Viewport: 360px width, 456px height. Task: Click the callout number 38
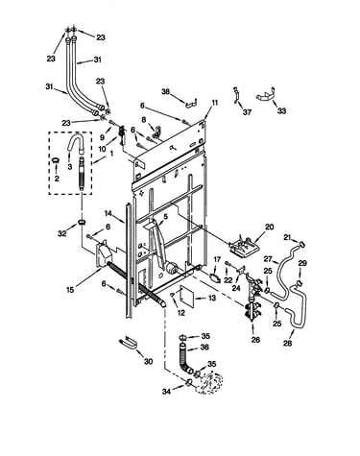point(166,92)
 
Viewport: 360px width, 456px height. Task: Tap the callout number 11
point(214,103)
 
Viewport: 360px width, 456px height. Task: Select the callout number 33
point(281,111)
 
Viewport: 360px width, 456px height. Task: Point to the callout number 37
point(247,112)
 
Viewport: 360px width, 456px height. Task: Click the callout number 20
point(270,227)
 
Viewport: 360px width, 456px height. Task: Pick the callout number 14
point(108,213)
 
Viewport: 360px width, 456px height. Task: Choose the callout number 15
point(70,290)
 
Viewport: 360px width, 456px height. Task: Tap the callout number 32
point(62,233)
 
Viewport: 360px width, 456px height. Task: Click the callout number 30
point(148,362)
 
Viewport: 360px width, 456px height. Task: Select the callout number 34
point(166,391)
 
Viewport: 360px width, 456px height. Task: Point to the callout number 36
point(204,347)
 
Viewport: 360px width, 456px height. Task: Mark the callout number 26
point(255,340)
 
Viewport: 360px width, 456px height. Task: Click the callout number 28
point(288,344)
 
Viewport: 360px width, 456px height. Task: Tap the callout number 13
point(212,298)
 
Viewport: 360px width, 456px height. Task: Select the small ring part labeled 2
point(56,160)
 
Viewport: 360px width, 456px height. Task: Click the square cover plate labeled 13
point(184,294)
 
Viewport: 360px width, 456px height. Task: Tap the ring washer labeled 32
point(83,222)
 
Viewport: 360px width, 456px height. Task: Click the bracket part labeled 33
point(266,96)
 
